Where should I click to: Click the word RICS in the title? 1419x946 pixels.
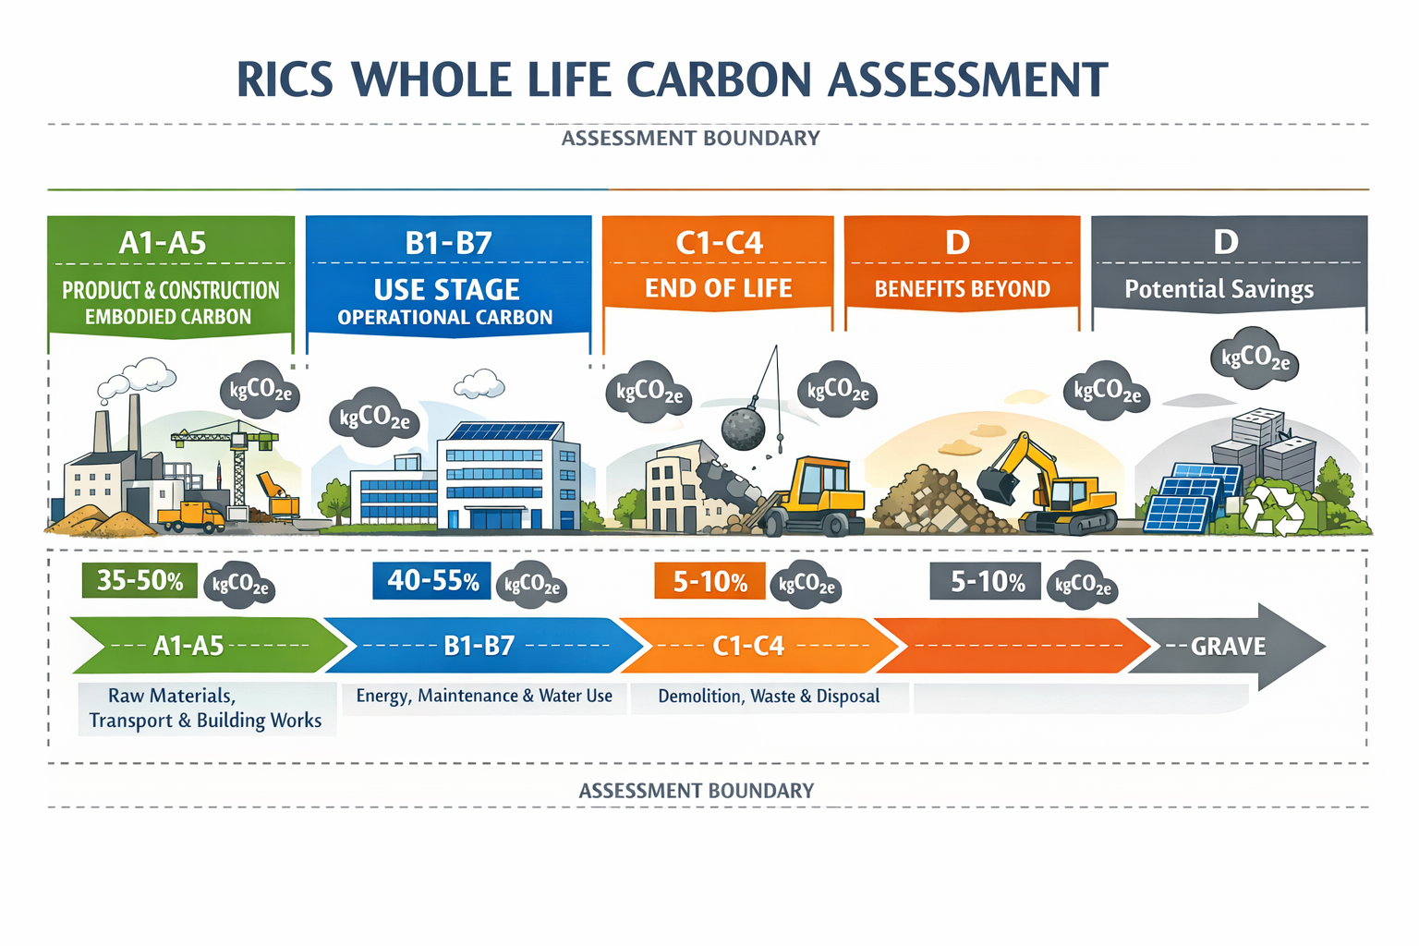point(285,79)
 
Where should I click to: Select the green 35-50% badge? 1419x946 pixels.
point(139,580)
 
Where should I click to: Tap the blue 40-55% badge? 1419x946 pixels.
point(432,580)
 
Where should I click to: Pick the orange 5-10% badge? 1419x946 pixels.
point(709,581)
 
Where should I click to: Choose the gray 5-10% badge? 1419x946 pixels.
point(986,581)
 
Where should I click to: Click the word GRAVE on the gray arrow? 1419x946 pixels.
point(1228,646)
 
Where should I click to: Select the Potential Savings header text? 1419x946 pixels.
point(1219,289)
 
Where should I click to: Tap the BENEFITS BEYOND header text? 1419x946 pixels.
point(962,289)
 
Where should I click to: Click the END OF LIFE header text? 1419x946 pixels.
point(718,288)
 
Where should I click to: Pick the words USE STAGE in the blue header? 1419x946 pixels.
point(446,289)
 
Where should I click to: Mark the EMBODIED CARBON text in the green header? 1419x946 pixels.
point(168,317)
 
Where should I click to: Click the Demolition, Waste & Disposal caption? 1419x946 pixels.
point(768,696)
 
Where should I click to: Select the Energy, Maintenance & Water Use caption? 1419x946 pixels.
point(484,696)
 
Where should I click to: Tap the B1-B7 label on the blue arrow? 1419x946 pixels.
point(479,646)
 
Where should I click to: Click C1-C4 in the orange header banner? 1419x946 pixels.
point(719,243)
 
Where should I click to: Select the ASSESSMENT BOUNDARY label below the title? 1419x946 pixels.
point(690,139)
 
